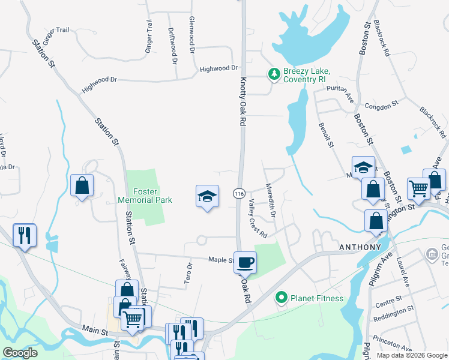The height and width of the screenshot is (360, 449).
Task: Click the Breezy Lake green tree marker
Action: pos(274,74)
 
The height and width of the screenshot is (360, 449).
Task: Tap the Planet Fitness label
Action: pos(316,298)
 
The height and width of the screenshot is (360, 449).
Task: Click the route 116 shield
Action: pos(239,193)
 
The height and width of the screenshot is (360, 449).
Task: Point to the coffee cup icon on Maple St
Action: pos(245,262)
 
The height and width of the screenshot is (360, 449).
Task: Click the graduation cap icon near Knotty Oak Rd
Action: pos(207,196)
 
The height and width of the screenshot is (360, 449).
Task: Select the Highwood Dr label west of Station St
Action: pos(99,83)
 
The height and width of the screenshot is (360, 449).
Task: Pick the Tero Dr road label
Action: pos(188,273)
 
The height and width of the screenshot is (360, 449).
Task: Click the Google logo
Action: pos(20,353)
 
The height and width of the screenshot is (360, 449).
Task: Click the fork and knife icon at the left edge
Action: pos(25,235)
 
